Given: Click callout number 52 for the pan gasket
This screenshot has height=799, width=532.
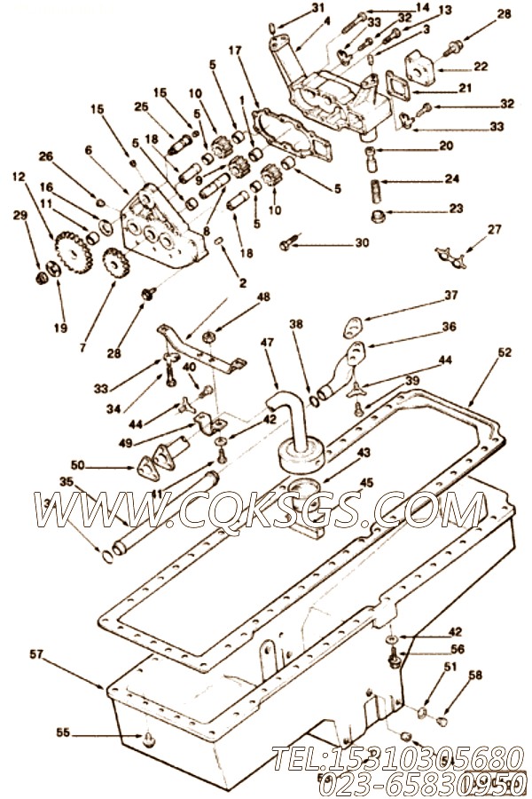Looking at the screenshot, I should coord(505,352).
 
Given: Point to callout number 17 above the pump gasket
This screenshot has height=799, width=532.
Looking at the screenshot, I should coord(235,51).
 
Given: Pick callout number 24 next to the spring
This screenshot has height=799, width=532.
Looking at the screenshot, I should coord(452,178).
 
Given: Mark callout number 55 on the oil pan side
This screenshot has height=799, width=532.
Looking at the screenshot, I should coord(62,733).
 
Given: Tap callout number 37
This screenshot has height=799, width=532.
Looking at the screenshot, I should coord(451,296).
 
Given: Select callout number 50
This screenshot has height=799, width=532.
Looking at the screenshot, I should coord(77,464).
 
